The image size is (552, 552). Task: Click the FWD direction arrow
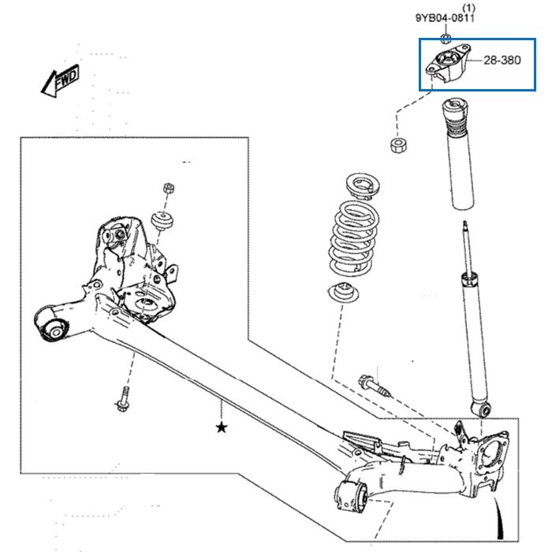[60, 81]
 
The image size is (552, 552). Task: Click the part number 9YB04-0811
[445, 18]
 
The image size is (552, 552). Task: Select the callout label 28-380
[502, 60]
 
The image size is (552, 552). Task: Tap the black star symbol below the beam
[222, 427]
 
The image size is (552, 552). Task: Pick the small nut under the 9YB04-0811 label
[446, 38]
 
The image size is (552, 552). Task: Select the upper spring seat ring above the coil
[363, 186]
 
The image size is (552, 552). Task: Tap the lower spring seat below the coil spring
[343, 293]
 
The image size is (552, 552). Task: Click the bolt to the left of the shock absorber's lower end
[375, 386]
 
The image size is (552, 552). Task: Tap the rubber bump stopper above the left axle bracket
[162, 221]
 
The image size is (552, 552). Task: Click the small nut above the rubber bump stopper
[169, 188]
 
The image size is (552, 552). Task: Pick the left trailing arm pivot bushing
[51, 325]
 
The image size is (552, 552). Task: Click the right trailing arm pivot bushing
[352, 495]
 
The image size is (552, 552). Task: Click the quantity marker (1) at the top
[468, 8]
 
